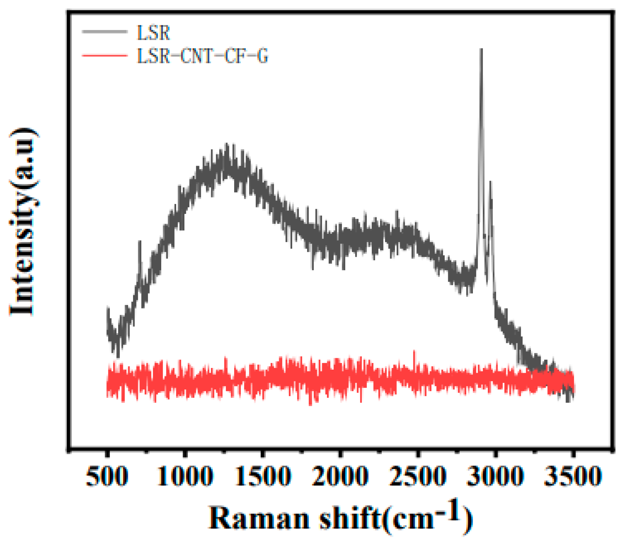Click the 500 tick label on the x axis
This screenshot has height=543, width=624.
tap(107, 476)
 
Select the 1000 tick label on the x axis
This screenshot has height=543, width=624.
tap(185, 476)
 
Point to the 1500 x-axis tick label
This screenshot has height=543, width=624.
tap(263, 476)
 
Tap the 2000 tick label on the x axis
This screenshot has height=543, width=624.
tap(340, 476)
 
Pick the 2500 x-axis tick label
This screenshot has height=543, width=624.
tap(418, 476)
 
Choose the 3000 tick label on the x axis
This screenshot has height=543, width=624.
tap(496, 476)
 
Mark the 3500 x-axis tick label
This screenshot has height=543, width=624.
tap(573, 476)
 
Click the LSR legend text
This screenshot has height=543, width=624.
tap(153, 33)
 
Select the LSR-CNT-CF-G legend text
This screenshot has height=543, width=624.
tap(203, 56)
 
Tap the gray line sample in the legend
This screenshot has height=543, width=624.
tap(105, 32)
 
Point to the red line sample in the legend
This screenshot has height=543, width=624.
tap(105, 55)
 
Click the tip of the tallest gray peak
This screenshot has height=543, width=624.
tap(481, 50)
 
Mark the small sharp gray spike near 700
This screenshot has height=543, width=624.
tap(140, 241)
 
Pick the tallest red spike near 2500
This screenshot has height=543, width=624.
tap(414, 351)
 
